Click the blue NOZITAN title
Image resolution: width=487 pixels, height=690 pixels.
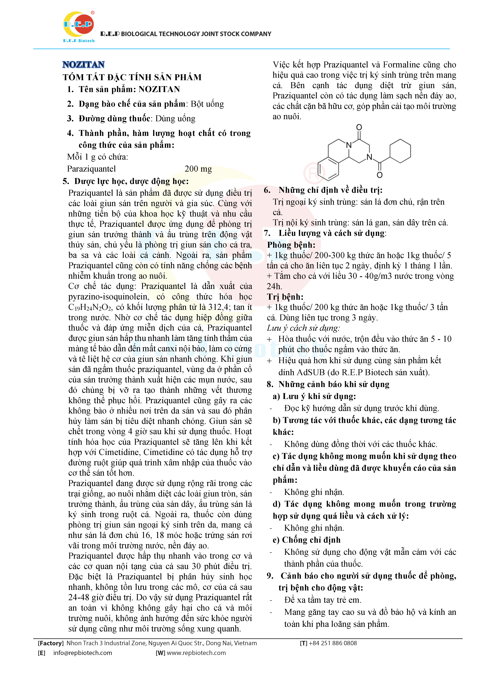[x=83, y=65]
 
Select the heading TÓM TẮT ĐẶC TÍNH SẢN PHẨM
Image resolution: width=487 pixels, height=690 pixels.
[x=132, y=77]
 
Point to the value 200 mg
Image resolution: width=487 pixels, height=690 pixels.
[x=198, y=169]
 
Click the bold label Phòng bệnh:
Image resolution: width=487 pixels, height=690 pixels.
[x=291, y=245]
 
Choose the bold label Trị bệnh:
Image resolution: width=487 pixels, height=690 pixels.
[x=285, y=297]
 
